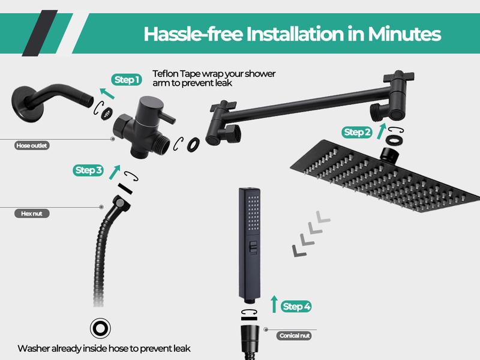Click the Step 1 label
(x=127, y=79)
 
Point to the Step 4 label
(x=296, y=307)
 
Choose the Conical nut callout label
(x=295, y=336)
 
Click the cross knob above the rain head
(x=398, y=79)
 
